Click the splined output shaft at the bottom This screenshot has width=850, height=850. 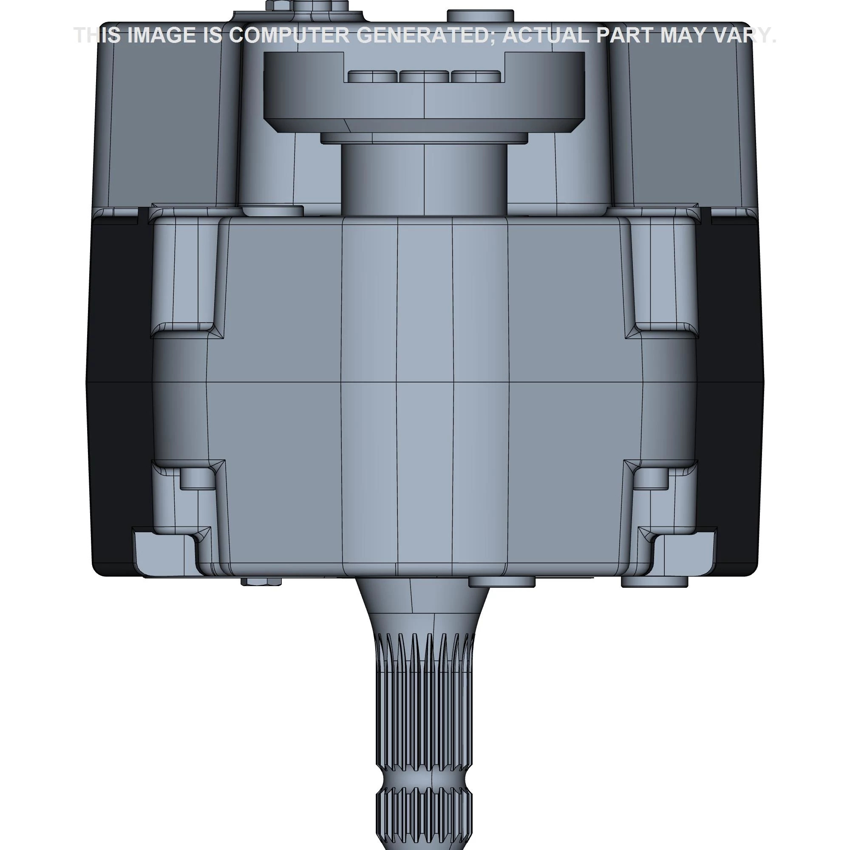pos(425,704)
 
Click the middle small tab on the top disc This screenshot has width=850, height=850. pos(424,76)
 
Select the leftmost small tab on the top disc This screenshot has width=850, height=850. pos(372,76)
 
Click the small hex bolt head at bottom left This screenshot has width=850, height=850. pos(261,582)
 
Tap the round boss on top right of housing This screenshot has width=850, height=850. pos(480,16)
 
